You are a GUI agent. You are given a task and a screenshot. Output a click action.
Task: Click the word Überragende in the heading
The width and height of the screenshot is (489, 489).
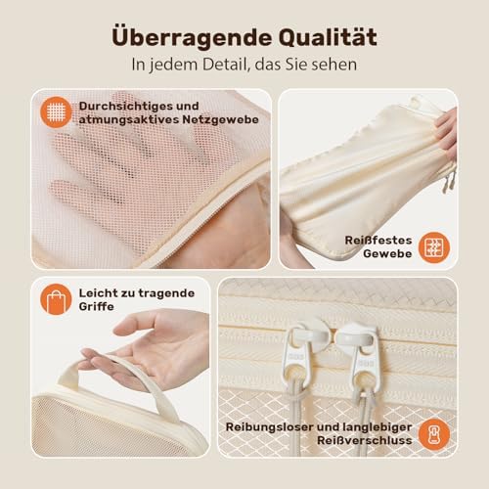pyautogui.click(x=192, y=37)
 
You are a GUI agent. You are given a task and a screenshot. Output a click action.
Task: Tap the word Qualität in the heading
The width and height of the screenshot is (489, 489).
pyautogui.click(x=328, y=37)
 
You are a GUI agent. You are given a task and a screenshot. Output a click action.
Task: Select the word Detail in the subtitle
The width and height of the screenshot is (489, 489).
pyautogui.click(x=223, y=65)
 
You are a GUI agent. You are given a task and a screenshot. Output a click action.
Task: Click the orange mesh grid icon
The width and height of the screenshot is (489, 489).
pyautogui.click(x=56, y=112)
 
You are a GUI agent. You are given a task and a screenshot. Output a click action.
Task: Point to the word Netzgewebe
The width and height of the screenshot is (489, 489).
pyautogui.click(x=220, y=120)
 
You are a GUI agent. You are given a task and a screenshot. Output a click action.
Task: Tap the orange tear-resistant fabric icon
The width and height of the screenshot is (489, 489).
pyautogui.click(x=434, y=247)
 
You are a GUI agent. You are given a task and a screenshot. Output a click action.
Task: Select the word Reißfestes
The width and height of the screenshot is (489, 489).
pyautogui.click(x=378, y=241)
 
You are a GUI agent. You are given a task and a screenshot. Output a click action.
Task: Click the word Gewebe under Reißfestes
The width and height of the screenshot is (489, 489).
pyautogui.click(x=387, y=253)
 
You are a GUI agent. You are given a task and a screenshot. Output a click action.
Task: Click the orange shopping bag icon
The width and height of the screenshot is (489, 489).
pyautogui.click(x=56, y=299)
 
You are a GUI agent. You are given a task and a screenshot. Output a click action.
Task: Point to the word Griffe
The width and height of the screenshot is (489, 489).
pyautogui.click(x=97, y=307)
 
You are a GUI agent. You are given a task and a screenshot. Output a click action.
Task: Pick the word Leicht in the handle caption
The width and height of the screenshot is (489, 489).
pyautogui.click(x=98, y=293)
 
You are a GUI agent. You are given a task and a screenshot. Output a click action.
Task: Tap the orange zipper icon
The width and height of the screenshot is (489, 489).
pyautogui.click(x=434, y=434)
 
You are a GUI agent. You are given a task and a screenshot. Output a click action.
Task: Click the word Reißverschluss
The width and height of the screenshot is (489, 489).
pyautogui.click(x=365, y=440)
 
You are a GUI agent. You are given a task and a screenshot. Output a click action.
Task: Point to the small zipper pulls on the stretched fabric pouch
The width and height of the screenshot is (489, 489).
pyautogui.click(x=449, y=180)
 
